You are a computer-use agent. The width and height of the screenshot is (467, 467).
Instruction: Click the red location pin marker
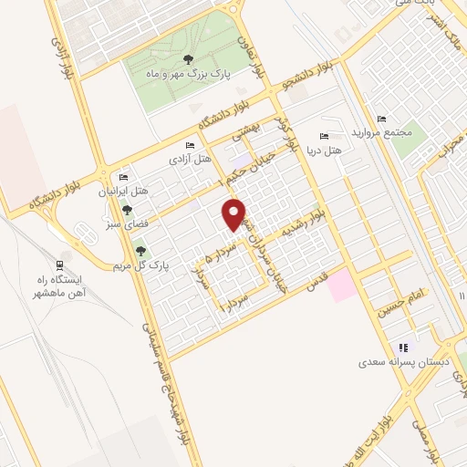tap(235, 213)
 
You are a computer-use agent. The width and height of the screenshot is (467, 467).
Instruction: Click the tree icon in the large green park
tap(187, 58)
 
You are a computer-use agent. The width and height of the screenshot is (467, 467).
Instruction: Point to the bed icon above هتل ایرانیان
tap(124, 178)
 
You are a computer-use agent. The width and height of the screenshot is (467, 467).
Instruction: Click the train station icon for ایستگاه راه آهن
tap(63, 259)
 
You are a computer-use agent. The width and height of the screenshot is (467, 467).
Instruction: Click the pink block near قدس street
tap(343, 285)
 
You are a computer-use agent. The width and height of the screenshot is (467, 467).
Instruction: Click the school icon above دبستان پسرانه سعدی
tap(401, 348)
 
